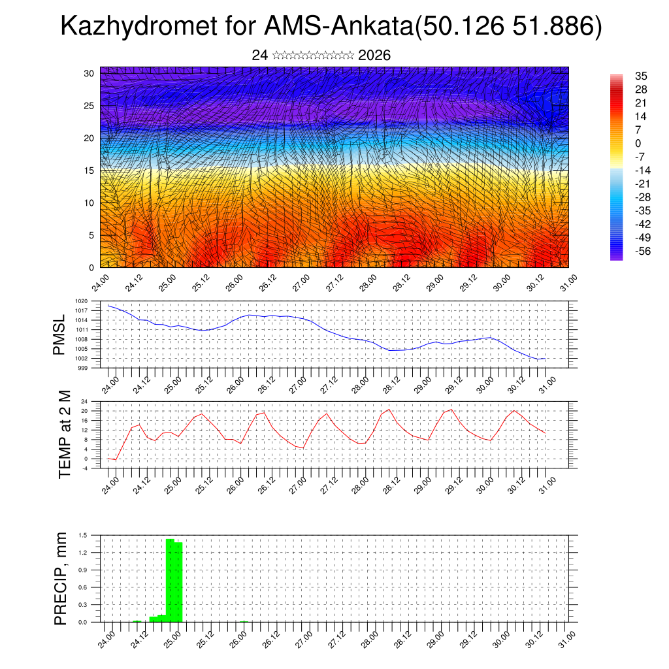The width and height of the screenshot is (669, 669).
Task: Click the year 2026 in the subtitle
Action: (x=374, y=56)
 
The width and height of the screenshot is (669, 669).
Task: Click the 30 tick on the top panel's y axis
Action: (x=89, y=73)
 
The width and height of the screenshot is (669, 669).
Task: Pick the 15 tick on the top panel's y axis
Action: (x=89, y=171)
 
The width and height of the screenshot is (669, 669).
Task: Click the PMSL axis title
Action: (x=59, y=335)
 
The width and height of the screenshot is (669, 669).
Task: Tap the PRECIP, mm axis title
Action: (x=61, y=578)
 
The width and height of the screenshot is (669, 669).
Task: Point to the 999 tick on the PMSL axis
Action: (x=83, y=368)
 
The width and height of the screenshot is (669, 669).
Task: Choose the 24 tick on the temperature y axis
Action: (x=85, y=401)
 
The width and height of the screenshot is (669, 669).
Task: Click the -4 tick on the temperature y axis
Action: (x=85, y=468)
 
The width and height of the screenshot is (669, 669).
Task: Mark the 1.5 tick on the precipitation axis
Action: (x=83, y=535)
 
